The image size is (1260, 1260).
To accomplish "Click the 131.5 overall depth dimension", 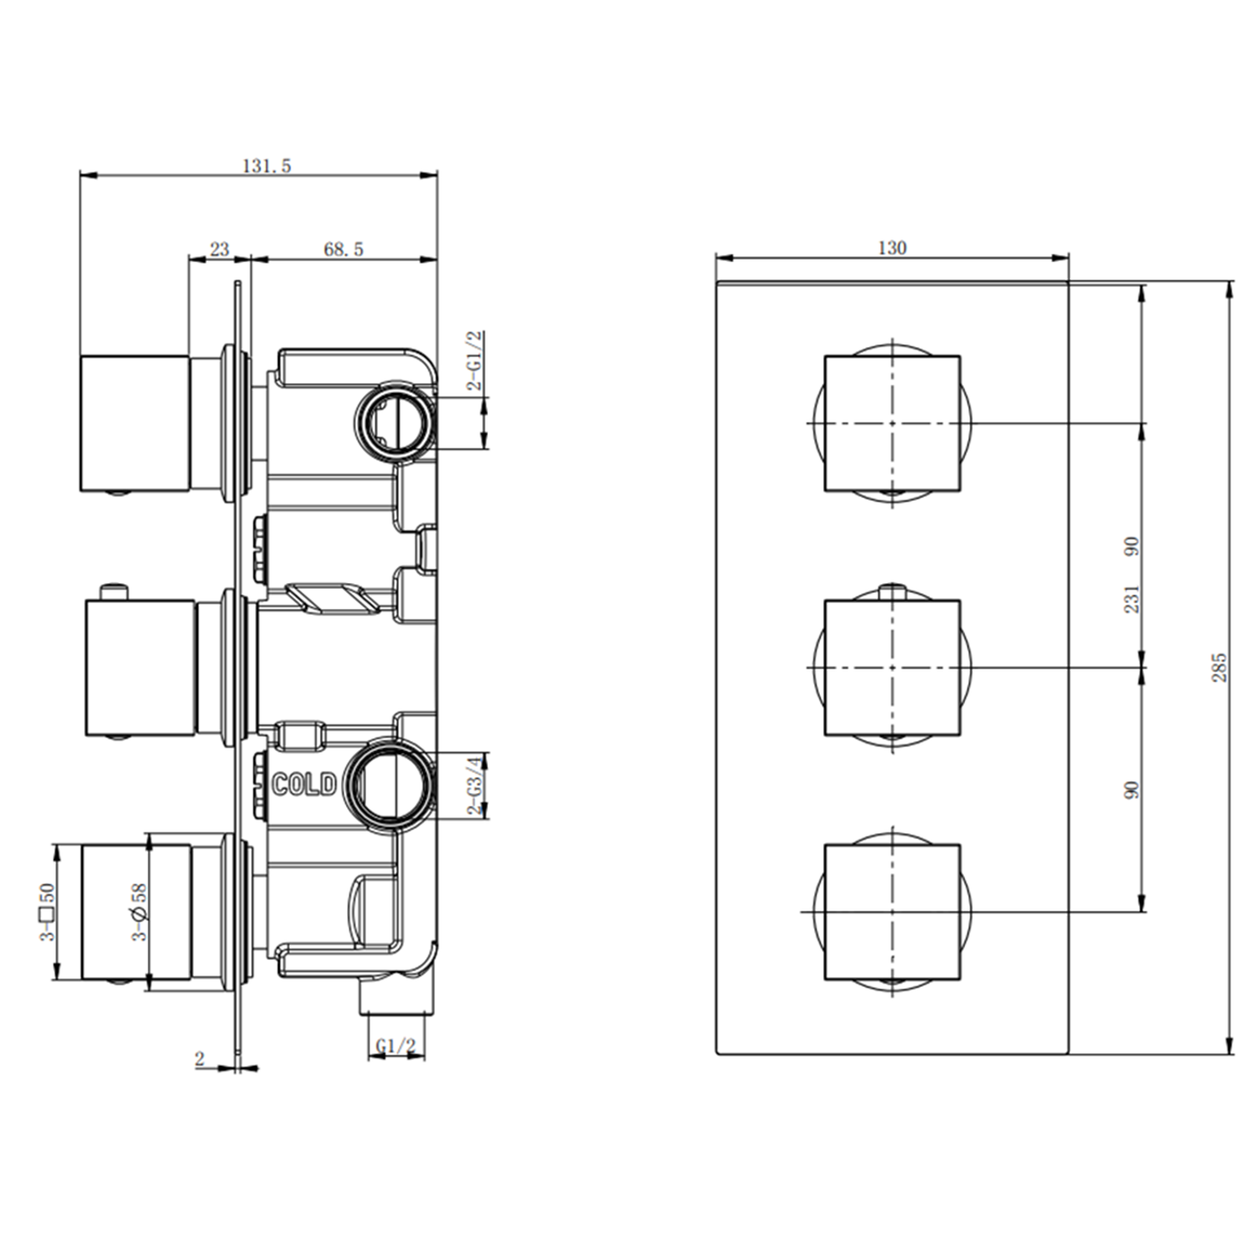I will point(266,165).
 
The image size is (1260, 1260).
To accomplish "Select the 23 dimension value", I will point(219,249).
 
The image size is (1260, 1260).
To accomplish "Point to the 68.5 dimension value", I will point(344,249).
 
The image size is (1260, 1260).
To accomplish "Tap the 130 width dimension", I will point(891,248).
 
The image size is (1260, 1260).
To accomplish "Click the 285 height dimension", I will point(1219,667).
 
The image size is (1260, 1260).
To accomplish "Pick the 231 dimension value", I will point(1131,599).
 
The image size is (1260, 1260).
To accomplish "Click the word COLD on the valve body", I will point(304,785).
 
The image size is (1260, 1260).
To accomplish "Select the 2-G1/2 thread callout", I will point(475,361).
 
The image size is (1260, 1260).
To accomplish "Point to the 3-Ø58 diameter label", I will point(139,911).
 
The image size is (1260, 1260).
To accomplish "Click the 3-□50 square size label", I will point(47,911).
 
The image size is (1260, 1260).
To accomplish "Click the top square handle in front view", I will point(892,423).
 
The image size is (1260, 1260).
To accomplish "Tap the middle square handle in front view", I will point(892,668).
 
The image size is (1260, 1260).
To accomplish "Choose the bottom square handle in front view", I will point(892,911).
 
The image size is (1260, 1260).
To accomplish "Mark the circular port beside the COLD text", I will point(391,784).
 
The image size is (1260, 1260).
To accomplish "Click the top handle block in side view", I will point(135,423).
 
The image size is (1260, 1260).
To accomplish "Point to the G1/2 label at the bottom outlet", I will point(396,1046).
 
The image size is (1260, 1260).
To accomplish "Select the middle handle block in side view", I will point(140,668).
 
